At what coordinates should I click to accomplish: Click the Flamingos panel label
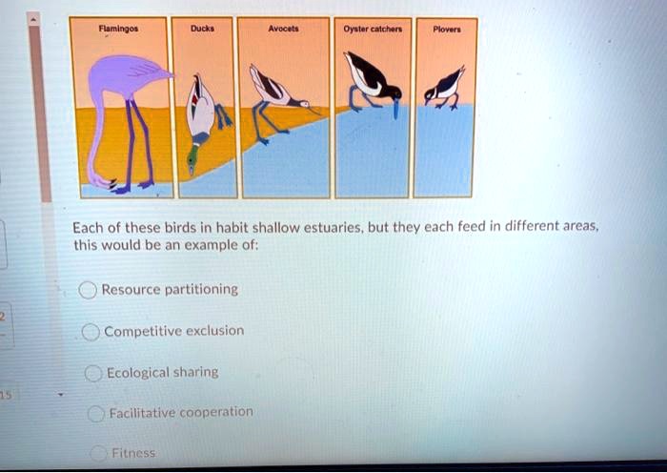coord(118,29)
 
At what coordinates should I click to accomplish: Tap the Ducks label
coord(202,29)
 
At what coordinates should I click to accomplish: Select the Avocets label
coord(283,29)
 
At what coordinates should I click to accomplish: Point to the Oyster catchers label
coord(373,30)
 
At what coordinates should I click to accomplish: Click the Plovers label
coord(447,30)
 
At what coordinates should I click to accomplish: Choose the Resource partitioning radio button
coord(88,290)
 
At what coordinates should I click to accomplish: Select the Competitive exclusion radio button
coord(91,332)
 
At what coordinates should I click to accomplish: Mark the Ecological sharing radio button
coord(93,374)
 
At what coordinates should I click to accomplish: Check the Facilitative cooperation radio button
coord(96,413)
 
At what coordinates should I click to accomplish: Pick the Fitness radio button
coord(99,453)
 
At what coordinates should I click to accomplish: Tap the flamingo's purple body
coord(127,75)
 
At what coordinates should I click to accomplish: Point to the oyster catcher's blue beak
coord(396,109)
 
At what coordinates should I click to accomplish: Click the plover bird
coord(444,89)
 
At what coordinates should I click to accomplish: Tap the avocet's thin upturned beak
coord(315,111)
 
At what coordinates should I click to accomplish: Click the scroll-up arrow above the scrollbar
coord(34,19)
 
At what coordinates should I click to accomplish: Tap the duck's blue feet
coord(223,116)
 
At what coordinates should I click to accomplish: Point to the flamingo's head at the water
coord(103,182)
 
